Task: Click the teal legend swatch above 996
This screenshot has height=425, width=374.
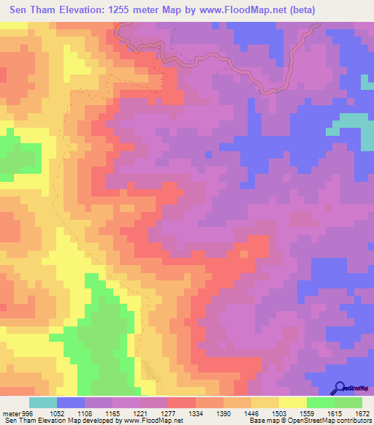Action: click(42, 402)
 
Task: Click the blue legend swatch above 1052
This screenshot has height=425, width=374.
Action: click(70, 402)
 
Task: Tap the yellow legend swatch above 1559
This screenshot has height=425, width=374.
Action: click(293, 402)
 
